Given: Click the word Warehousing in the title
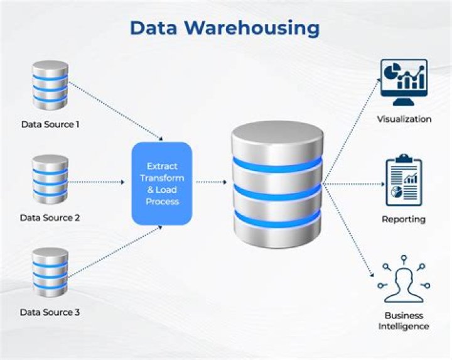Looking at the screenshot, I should [x=250, y=28].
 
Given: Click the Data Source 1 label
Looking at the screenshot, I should [x=50, y=124].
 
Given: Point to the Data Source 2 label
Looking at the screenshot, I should [x=50, y=218].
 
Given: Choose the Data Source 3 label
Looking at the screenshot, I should [x=50, y=312].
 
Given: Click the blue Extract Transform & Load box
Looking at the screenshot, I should [x=162, y=183].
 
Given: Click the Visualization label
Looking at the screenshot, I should [x=404, y=119].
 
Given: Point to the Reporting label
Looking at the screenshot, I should [x=404, y=219].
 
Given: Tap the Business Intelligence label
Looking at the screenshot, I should [x=404, y=321].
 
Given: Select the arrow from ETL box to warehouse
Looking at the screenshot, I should [x=212, y=183].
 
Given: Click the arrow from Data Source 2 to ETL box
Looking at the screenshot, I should [x=97, y=183].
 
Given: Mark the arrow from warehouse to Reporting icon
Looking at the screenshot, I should [x=352, y=184].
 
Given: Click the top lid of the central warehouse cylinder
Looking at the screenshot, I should [x=277, y=132].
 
